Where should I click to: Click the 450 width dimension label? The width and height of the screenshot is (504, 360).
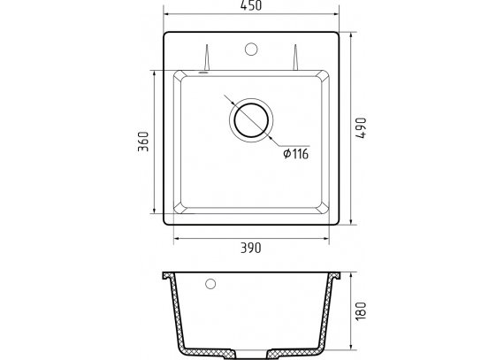[251, 5]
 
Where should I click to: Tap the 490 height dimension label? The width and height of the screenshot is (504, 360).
[361, 128]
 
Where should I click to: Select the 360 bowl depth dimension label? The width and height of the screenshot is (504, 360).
[143, 142]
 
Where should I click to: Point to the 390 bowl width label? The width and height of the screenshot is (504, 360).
[251, 248]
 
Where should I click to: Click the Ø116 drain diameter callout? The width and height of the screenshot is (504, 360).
[295, 154]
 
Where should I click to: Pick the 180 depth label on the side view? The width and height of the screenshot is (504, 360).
[361, 310]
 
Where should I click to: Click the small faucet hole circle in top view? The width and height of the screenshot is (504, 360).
[251, 49]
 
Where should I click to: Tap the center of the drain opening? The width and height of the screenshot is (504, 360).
[251, 120]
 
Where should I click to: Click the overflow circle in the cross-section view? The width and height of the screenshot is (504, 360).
[210, 284]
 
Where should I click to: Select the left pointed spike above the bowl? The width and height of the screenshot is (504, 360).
[207, 57]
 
